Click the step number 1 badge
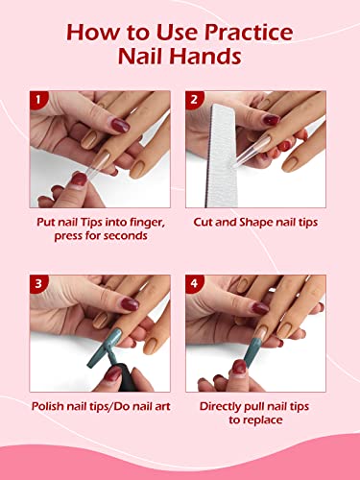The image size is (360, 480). click(38, 100)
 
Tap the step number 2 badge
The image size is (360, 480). click(194, 100)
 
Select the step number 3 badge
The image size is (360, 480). click(38, 283)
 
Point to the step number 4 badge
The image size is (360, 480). click(194, 283)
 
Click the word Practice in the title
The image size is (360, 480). click(249, 33)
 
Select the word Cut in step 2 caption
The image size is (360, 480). click(204, 222)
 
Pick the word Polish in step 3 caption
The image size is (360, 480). click(48, 406)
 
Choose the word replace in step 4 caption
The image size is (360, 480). click(263, 420)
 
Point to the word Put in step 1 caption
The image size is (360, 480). click(46, 222)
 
